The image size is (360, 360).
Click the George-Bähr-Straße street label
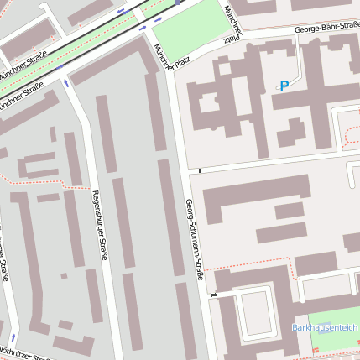pos(326,28)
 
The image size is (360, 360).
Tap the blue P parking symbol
pos(284,86)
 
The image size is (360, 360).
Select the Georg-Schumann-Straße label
pos(195,238)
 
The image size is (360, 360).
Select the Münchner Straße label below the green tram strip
pos(22,99)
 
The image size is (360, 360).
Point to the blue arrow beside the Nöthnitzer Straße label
pos(13,337)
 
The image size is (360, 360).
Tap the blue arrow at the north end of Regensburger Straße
pos(66,82)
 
